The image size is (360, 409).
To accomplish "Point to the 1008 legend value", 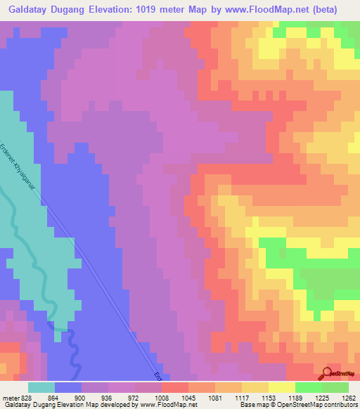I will click(x=163, y=397).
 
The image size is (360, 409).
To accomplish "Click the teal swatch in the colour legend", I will click(x=41, y=387).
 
